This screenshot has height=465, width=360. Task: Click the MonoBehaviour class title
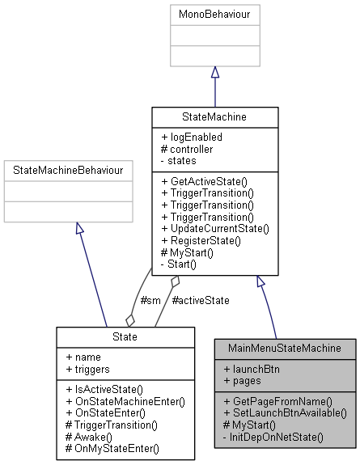214,14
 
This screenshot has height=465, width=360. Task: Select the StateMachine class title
214,117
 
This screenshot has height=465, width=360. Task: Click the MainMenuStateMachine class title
285,348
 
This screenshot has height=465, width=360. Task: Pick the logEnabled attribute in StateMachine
193,137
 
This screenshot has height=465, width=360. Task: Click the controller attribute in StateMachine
190,149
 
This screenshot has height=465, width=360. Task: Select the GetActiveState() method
205,181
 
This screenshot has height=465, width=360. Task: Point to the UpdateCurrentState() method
215,229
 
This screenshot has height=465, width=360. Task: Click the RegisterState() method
201,240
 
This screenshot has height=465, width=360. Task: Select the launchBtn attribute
252,368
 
